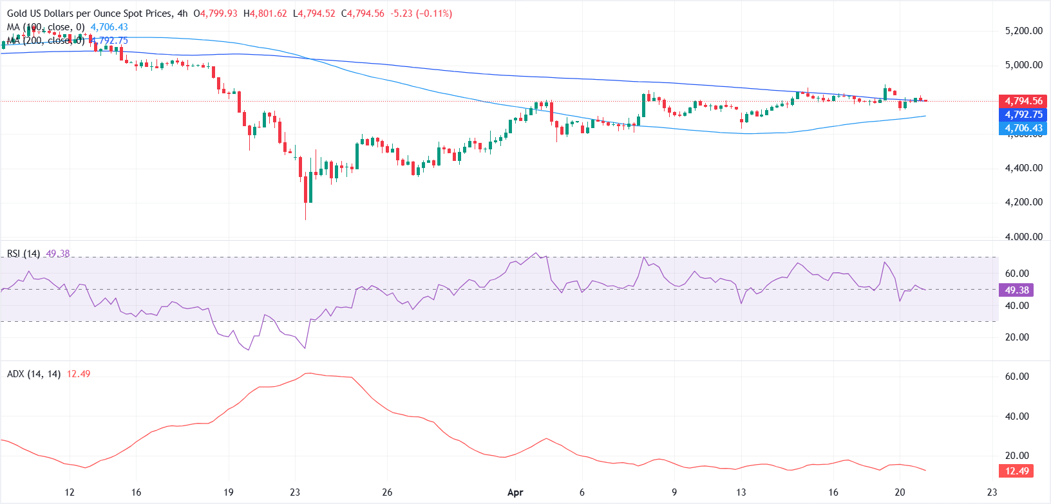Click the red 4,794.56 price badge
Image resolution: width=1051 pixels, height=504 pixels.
tap(1023, 101)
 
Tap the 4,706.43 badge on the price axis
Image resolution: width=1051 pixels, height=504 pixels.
tap(1023, 128)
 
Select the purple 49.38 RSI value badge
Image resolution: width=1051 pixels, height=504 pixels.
tap(1017, 290)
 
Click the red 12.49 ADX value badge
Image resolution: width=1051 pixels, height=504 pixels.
tap(1017, 471)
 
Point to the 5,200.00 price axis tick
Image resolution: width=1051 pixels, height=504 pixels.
tap(1023, 31)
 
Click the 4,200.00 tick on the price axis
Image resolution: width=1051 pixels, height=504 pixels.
tap(1023, 202)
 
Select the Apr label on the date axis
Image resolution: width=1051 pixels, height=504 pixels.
tap(515, 492)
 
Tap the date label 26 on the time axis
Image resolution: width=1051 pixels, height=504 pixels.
tap(387, 492)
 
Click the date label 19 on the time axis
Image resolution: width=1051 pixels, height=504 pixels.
tap(228, 492)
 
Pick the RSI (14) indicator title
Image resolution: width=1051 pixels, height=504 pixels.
tap(23, 254)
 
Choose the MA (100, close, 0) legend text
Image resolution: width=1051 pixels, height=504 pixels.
tap(46, 27)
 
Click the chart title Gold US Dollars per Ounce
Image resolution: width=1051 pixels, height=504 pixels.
tap(90, 14)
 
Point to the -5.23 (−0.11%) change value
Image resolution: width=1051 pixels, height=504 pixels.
tap(421, 14)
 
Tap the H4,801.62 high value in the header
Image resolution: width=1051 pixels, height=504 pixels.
tap(265, 14)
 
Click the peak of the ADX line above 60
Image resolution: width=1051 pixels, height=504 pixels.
tap(310, 373)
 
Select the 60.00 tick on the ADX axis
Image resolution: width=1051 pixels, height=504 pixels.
tap(1017, 377)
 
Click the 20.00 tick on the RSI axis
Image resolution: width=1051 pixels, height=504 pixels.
tap(1017, 337)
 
